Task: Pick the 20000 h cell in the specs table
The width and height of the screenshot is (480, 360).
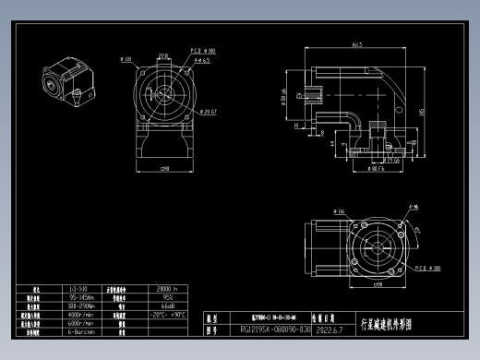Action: pyautogui.click(x=169, y=289)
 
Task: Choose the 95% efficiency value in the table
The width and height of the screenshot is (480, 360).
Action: pyautogui.click(x=169, y=297)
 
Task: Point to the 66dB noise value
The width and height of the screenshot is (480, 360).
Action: pyautogui.click(x=169, y=306)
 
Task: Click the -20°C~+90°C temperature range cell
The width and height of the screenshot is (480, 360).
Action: pyautogui.click(x=169, y=314)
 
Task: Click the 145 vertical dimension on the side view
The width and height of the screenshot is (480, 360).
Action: pyautogui.click(x=421, y=112)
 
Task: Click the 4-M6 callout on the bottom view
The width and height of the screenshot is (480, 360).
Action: pyautogui.click(x=411, y=208)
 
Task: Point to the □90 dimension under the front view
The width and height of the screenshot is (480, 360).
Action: pyautogui.click(x=164, y=169)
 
